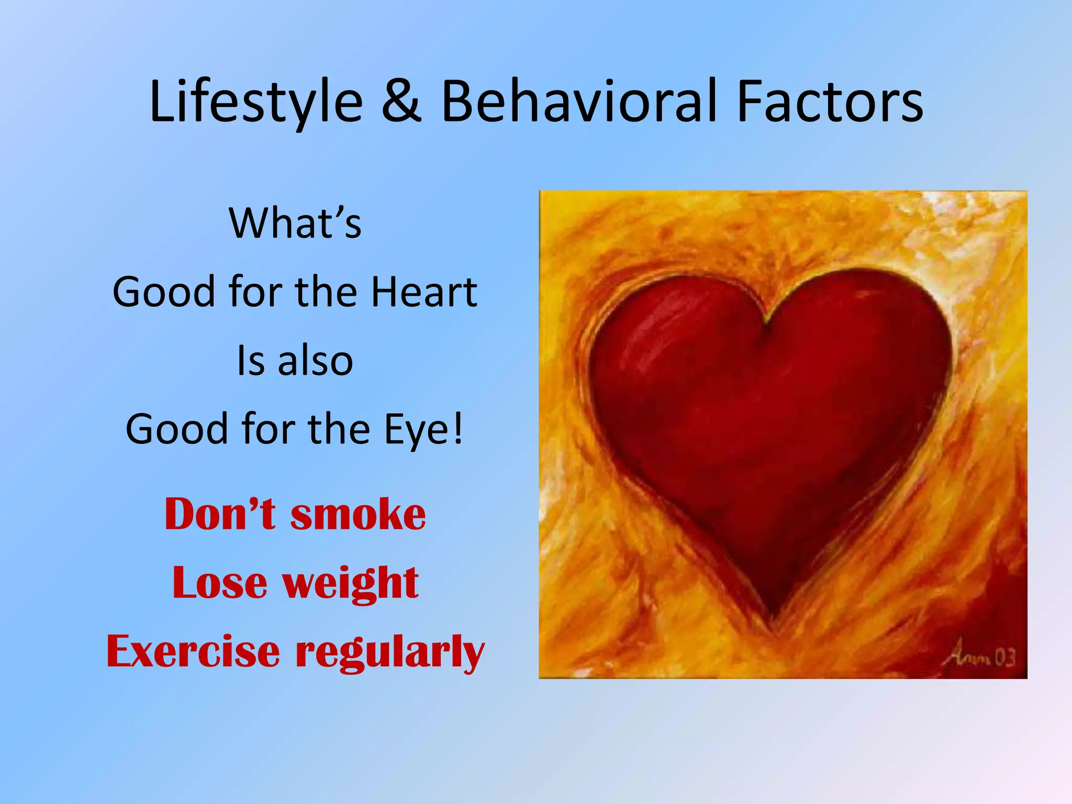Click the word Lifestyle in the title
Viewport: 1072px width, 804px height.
[256, 102]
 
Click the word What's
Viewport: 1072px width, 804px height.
[295, 224]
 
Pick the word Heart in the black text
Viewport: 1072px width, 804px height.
[424, 292]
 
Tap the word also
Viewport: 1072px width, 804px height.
[316, 361]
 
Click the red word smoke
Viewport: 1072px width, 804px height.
[358, 514]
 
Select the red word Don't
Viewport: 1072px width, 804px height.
[220, 514]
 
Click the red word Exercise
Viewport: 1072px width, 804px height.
[193, 652]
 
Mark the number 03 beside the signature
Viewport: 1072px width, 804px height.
[1004, 657]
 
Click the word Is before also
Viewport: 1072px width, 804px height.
[251, 361]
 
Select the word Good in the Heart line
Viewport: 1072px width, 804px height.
[164, 292]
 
